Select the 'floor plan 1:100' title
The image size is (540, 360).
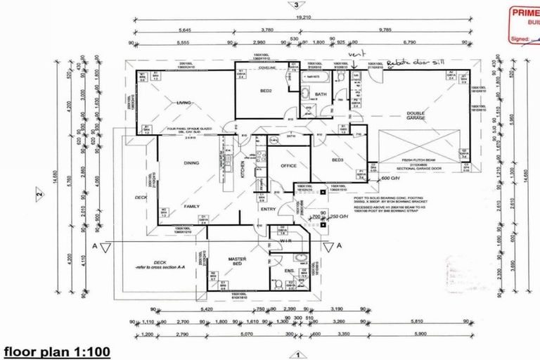56,350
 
